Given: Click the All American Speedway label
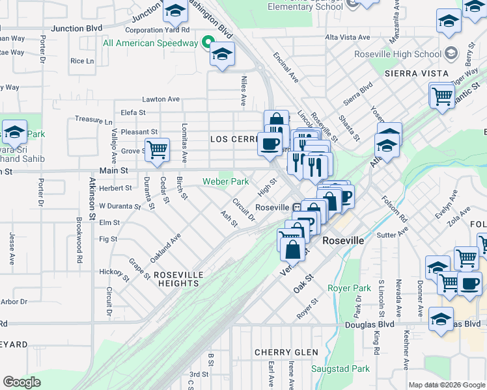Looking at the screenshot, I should tap(150, 43).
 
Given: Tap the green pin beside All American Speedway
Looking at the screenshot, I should tap(209, 43).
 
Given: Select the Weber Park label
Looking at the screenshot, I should tap(225, 181).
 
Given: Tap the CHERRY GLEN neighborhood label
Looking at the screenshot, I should tap(286, 352).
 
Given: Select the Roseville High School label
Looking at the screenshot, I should tap(398, 55).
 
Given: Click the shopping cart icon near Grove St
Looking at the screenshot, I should tap(157, 149).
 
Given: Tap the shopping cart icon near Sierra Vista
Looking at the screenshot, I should tap(442, 96).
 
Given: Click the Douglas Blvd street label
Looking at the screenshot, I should tap(370, 324).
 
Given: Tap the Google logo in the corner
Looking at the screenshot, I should tap(21, 382).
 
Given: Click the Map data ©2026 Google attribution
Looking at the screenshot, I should tap(446, 385).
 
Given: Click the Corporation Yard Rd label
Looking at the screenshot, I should tap(157, 30).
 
